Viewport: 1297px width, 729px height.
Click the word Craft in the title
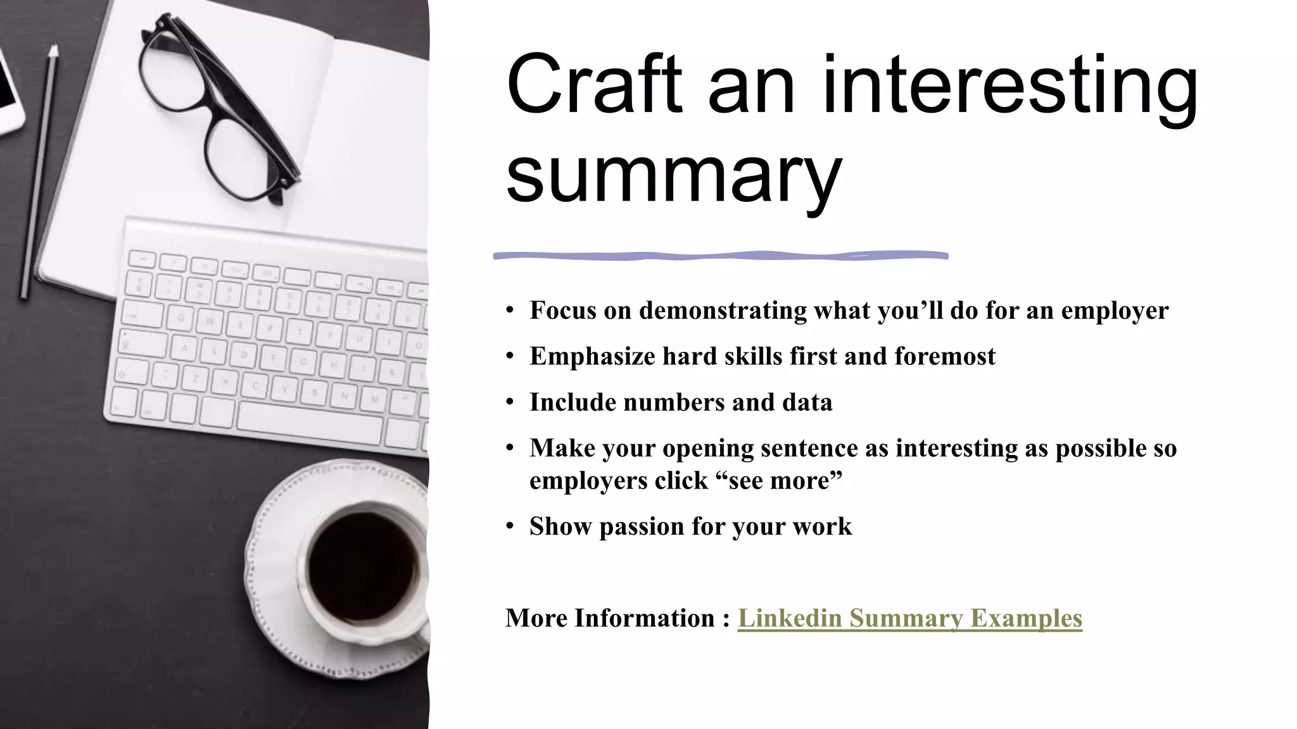[594, 85]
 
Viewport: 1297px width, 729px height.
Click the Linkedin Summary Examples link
[909, 618]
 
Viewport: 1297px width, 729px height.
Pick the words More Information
[610, 618]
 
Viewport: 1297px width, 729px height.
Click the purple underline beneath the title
[720, 256]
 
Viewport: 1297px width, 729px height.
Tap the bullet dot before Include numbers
[510, 402]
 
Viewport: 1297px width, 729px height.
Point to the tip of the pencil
[54, 47]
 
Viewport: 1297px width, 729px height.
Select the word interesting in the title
[1009, 85]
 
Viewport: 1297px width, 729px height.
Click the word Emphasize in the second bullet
[592, 356]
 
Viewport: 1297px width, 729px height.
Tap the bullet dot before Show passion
[510, 526]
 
